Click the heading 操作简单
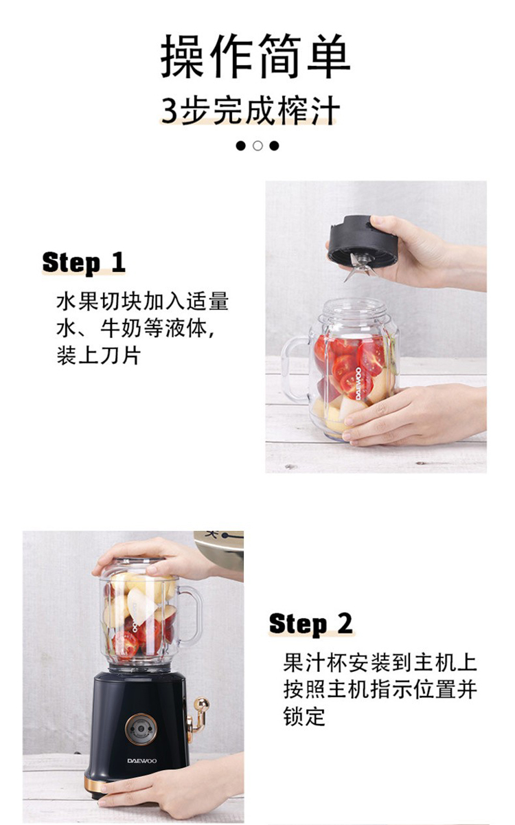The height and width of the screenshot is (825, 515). [x=255, y=56]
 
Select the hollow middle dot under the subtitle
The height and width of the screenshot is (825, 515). [x=257, y=146]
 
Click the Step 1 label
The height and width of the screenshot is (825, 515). [x=84, y=262]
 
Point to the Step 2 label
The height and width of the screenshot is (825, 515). [x=310, y=624]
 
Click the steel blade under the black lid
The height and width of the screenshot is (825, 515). [x=358, y=266]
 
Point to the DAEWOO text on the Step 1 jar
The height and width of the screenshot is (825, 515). [x=358, y=383]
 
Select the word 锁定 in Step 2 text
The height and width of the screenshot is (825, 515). [x=304, y=716]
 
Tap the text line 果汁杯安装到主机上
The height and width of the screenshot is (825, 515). [x=380, y=662]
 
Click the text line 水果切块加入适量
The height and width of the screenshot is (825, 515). [x=142, y=301]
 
